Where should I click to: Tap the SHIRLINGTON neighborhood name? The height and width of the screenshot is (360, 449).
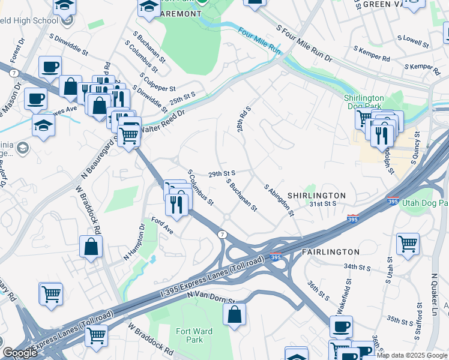tap(316, 196)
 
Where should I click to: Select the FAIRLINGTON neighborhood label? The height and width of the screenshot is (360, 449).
tap(330, 252)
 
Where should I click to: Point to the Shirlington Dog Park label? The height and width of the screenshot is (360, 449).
tap(364, 103)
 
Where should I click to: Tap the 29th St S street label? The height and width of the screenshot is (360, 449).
tap(221, 174)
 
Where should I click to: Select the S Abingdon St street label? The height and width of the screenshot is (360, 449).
tap(279, 200)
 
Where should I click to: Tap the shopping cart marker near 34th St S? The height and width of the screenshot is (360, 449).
tap(408, 243)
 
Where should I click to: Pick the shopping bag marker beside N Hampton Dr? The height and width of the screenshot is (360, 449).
tap(91, 246)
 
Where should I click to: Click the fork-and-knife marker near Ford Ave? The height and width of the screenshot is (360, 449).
tap(177, 204)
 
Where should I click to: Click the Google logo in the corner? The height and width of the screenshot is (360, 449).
tap(20, 353)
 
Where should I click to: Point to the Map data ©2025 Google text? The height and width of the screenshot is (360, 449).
tap(412, 356)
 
